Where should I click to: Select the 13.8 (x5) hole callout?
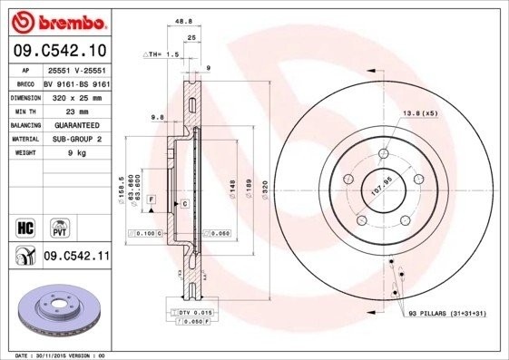click(421, 113)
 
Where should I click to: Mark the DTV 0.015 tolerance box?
click(192, 311)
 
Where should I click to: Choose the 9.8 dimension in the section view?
click(156, 116)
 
